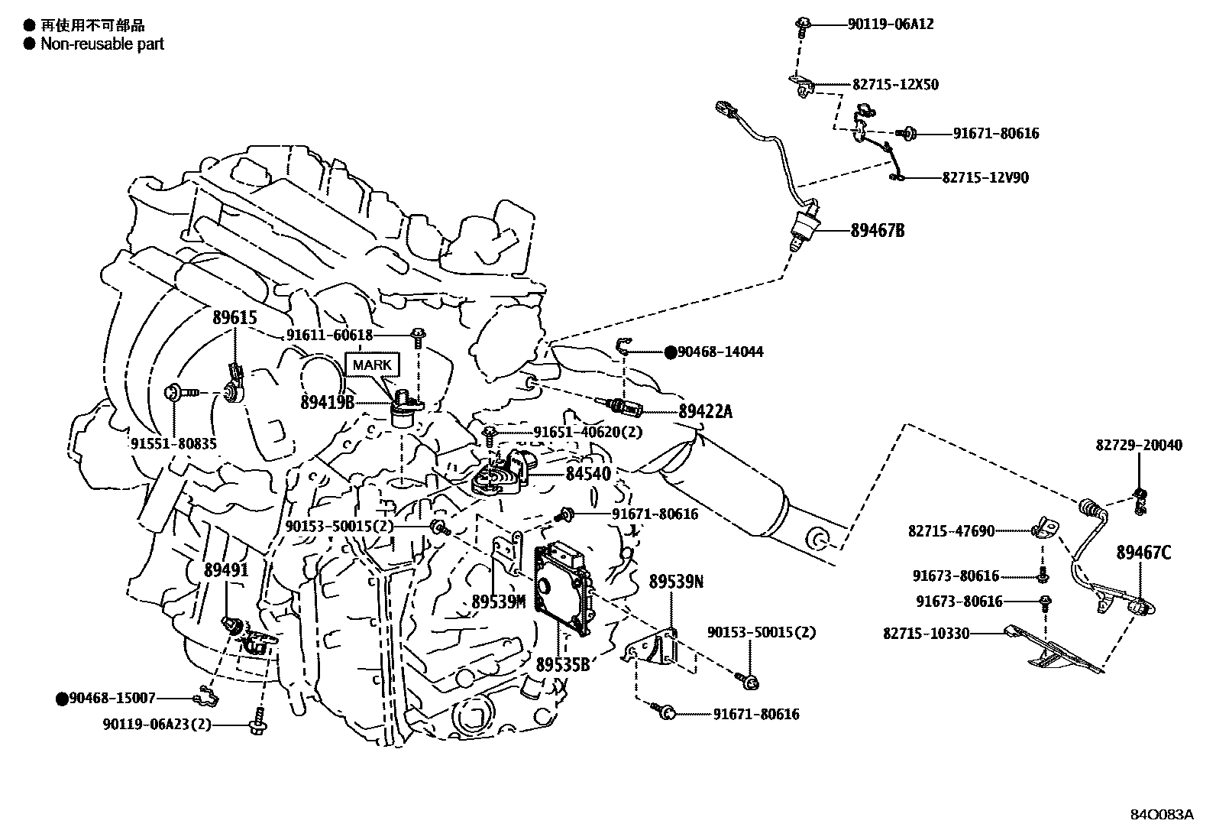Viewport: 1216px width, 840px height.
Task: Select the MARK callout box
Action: coord(372,365)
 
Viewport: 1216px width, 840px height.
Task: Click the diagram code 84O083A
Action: coord(1161,815)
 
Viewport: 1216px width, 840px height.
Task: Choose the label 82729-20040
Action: coord(1139,445)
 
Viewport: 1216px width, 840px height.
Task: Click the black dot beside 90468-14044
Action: coord(670,352)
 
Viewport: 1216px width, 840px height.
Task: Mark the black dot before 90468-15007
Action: coord(62,698)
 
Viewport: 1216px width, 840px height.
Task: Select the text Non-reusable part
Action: coord(102,44)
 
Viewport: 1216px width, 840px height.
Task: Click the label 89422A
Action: coord(705,412)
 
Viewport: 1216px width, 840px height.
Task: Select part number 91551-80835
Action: coord(173,443)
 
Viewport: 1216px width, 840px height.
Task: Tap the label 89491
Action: coord(226,569)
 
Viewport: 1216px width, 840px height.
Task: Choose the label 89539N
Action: coord(676,582)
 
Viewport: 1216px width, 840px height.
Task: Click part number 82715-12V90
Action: coord(985,177)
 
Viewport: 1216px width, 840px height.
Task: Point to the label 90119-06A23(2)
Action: coord(157,724)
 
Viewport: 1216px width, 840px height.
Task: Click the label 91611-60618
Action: coord(329,335)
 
